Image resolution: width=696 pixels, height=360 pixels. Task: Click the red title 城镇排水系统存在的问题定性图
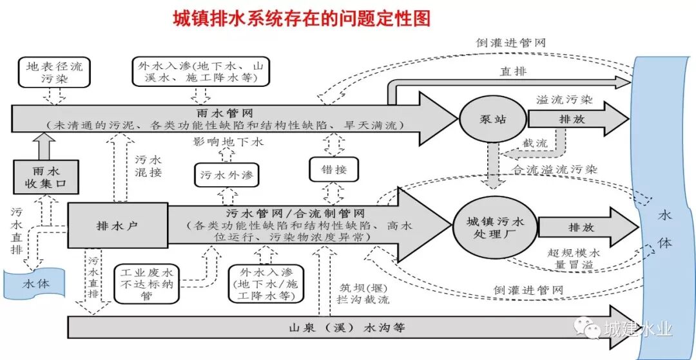click(x=302, y=18)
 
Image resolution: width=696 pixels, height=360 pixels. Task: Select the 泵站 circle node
click(x=485, y=118)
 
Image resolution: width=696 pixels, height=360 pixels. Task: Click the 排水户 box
click(x=118, y=225)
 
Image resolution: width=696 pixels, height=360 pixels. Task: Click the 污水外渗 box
click(x=226, y=175)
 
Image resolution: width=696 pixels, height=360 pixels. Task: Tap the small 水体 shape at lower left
click(x=35, y=283)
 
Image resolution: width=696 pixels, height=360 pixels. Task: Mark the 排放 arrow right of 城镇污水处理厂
click(x=575, y=227)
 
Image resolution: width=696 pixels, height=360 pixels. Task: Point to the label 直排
click(x=514, y=71)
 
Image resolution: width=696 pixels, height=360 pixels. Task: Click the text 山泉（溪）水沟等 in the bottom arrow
click(x=347, y=327)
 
